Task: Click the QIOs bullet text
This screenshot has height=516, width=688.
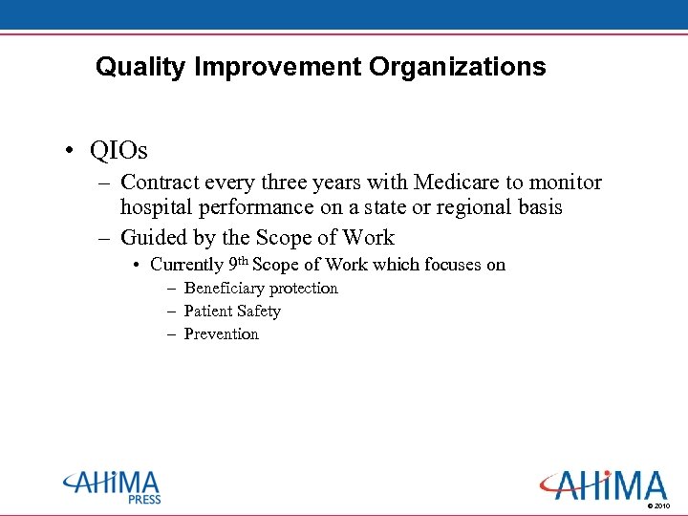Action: (118, 151)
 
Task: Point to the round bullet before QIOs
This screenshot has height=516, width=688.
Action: (71, 151)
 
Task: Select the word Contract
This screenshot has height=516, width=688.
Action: (161, 183)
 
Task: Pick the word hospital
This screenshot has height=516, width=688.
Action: (158, 207)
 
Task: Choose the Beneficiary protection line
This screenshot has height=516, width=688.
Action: (261, 289)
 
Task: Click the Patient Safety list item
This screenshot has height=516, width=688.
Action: (232, 312)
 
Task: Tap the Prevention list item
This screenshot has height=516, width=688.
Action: (221, 334)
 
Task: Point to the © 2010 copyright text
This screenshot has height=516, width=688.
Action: (658, 505)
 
